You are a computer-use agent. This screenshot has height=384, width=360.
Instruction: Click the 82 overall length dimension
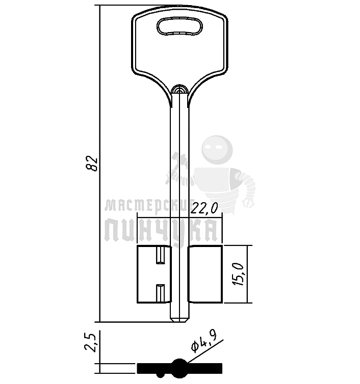point(91,163)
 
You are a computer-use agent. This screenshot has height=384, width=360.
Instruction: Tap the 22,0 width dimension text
point(204,208)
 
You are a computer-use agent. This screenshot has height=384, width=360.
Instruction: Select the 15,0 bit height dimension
point(238,275)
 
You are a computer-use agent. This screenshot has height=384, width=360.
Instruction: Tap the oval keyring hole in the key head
point(179,26)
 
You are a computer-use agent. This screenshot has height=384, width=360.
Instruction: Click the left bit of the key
point(154,274)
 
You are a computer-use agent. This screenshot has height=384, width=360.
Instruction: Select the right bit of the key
point(205,274)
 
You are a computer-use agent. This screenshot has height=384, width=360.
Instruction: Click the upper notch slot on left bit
point(161,256)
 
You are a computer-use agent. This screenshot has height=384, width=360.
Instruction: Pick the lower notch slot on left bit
point(161,293)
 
